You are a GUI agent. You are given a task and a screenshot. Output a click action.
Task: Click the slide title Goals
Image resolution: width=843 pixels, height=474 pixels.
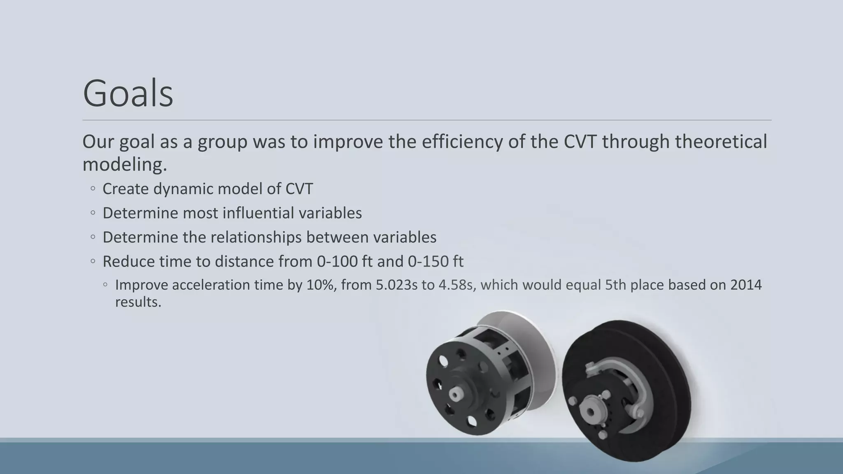coord(128,94)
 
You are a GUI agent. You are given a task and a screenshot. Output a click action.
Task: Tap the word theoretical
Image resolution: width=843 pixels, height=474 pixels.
coord(721,142)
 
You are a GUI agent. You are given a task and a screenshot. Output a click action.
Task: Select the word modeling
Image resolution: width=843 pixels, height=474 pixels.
coord(124,165)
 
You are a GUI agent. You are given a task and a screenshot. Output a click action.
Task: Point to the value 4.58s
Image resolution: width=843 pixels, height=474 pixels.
coord(456,285)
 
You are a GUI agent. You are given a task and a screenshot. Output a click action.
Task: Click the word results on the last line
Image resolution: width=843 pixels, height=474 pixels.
coord(138,302)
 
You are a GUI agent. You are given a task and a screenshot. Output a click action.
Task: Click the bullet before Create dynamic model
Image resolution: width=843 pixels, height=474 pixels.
coord(93,189)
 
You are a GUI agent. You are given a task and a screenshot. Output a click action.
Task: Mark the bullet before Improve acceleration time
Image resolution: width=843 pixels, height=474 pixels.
coord(106,285)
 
